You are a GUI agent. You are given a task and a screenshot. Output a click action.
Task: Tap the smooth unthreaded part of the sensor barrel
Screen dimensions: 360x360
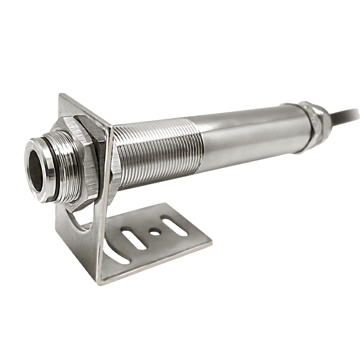[248, 133]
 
